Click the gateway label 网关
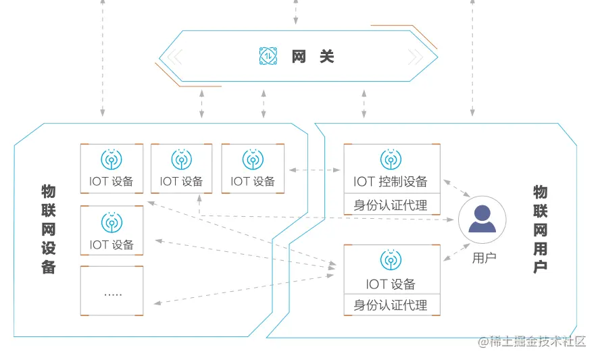click(313, 57)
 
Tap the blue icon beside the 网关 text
click(269, 57)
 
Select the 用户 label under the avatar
click(484, 257)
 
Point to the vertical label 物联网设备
click(49, 229)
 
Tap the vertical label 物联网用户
click(540, 229)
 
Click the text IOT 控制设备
click(391, 181)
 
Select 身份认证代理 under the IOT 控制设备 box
click(391, 205)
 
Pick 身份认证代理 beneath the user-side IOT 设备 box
click(391, 305)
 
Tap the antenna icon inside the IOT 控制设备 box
click(391, 160)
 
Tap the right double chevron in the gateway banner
click(414, 57)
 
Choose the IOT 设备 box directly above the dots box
click(112, 230)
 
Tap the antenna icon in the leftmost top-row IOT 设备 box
click(111, 159)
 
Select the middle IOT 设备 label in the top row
click(181, 181)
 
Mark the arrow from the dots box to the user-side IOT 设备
click(243, 288)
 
